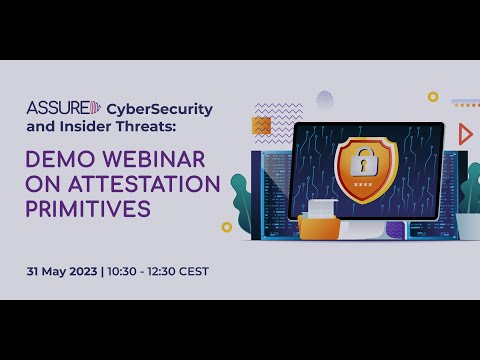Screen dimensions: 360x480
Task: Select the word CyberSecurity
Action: click(160, 109)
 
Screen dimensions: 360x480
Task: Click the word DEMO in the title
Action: click(63, 158)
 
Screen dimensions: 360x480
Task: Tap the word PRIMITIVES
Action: click(89, 210)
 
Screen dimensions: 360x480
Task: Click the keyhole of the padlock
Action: click(365, 163)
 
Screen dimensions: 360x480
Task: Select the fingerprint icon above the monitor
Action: click(325, 100)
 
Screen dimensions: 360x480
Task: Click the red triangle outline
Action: click(465, 134)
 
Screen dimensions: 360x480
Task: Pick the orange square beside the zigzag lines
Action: click(261, 125)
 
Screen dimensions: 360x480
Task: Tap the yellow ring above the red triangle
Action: click(433, 97)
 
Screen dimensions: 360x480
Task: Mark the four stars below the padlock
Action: click(365, 185)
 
